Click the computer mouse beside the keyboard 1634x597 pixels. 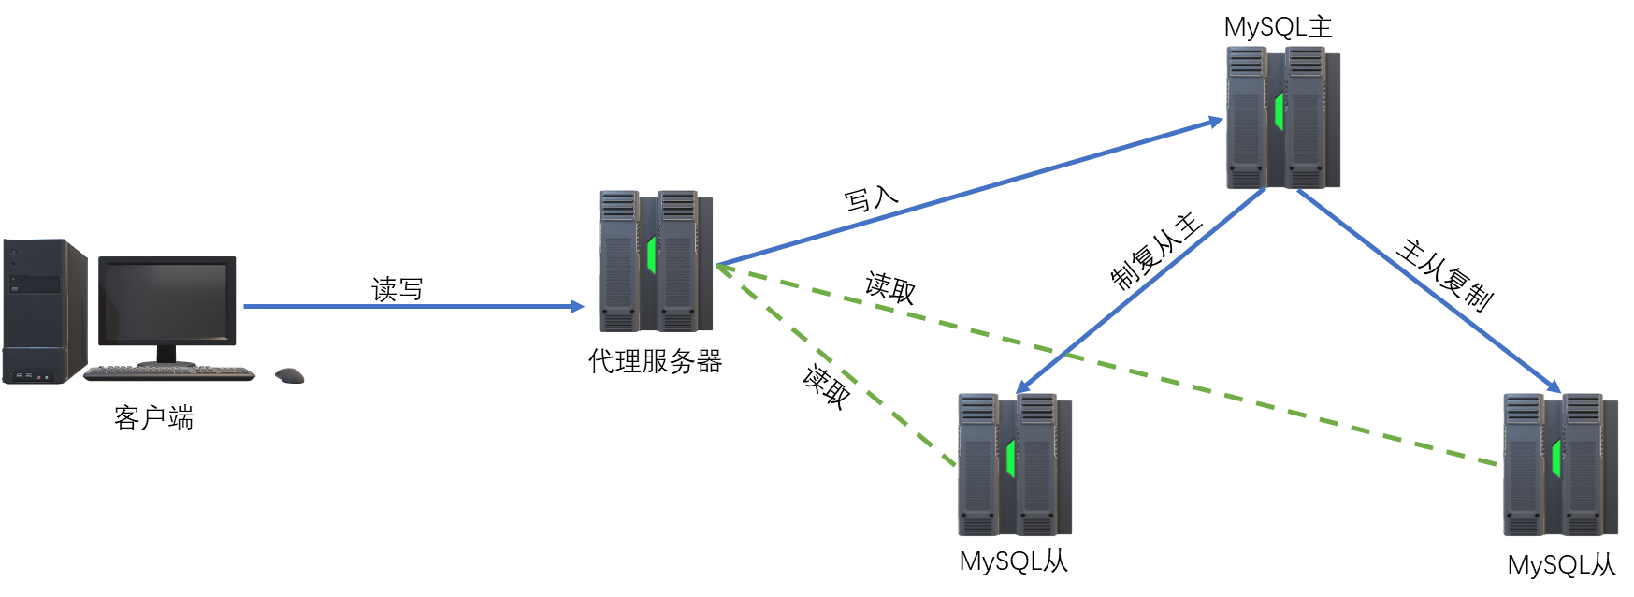[290, 375]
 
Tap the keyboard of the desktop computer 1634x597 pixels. [169, 373]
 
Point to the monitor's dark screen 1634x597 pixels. [166, 301]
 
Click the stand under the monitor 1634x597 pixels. [166, 355]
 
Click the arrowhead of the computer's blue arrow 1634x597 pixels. [578, 306]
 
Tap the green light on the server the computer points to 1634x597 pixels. [651, 255]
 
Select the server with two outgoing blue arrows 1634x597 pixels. [1282, 117]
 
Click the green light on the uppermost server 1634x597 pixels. [1278, 110]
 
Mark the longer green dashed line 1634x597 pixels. [1104, 364]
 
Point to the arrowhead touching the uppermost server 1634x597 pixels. [1215, 122]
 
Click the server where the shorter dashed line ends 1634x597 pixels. [1014, 465]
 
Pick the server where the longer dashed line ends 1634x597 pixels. [1559, 465]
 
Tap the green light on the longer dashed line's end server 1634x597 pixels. [1555, 459]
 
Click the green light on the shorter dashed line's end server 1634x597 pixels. [1010, 459]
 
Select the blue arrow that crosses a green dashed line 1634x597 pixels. [1141, 290]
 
